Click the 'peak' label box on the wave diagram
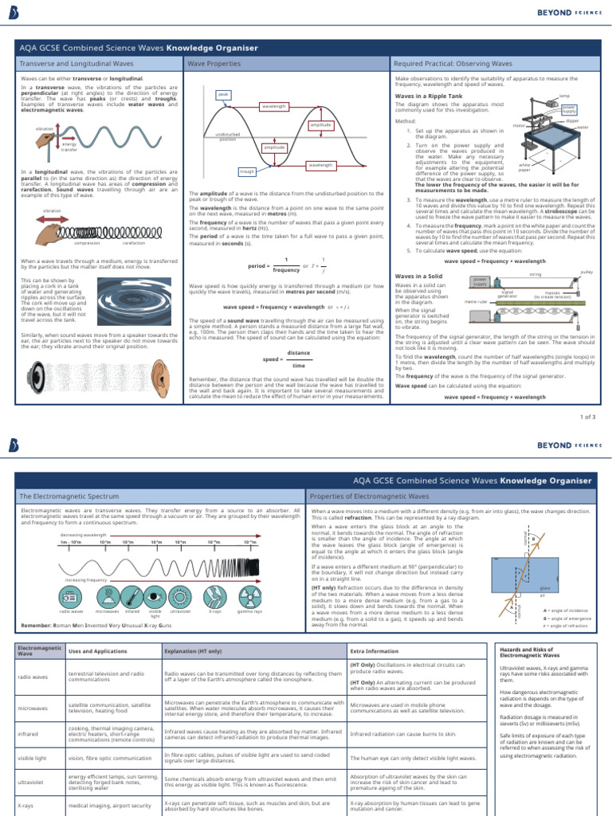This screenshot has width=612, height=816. point(223,94)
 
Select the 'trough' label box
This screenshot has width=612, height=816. point(247,171)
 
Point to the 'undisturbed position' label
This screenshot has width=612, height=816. point(228,137)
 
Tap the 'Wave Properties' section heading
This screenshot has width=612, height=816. point(208,62)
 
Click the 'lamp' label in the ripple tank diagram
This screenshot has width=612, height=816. point(564,96)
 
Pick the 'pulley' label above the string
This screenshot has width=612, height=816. point(587,272)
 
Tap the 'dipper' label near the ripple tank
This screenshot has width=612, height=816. point(583,120)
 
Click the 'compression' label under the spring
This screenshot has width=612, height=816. point(87,242)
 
